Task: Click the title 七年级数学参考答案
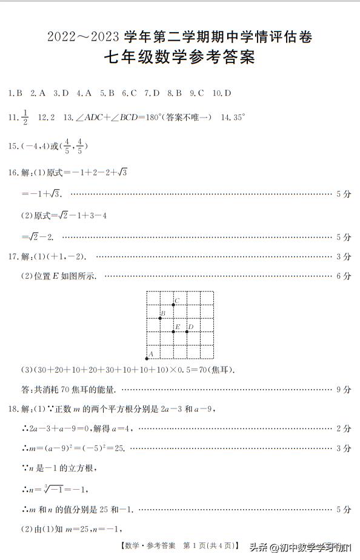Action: point(179,59)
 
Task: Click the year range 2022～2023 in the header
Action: point(83,38)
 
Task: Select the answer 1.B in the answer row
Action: point(16,93)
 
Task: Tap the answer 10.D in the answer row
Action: point(222,93)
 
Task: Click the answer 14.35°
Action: point(233,118)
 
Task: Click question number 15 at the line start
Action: point(13,146)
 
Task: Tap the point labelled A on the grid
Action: point(147,358)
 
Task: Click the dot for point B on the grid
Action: point(160,318)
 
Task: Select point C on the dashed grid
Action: point(173,304)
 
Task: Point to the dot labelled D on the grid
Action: point(187,331)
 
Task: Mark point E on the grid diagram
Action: point(173,331)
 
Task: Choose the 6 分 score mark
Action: point(343,276)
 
